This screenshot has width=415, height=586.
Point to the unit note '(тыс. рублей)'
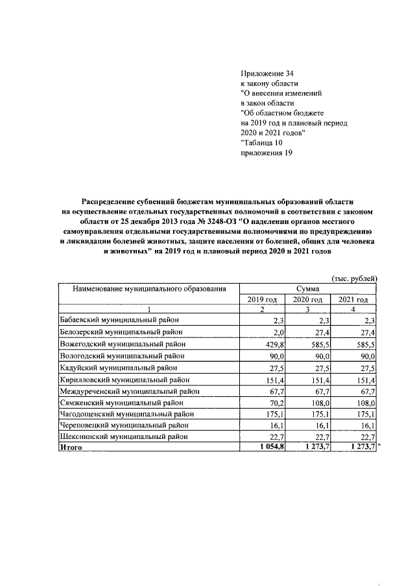pyautogui.click(x=355, y=278)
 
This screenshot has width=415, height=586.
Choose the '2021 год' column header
pyautogui.click(x=353, y=299)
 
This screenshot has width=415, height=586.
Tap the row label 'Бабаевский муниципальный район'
pyautogui.click(x=119, y=320)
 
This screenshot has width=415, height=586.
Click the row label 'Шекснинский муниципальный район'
pyautogui.click(x=122, y=436)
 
